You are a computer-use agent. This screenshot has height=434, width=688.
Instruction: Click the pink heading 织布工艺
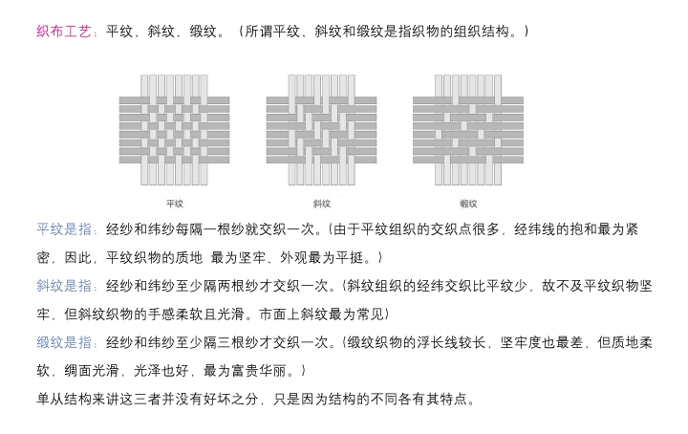coord(62,33)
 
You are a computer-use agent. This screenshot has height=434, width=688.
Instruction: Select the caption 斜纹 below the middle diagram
coord(321,204)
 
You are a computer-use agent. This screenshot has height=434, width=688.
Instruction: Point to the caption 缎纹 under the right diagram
coord(468,204)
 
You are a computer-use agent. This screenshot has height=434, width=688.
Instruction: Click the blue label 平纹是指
coord(67,229)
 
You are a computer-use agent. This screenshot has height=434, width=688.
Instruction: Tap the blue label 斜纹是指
coord(67,286)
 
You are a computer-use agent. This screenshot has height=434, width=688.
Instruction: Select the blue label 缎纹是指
coord(67,341)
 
